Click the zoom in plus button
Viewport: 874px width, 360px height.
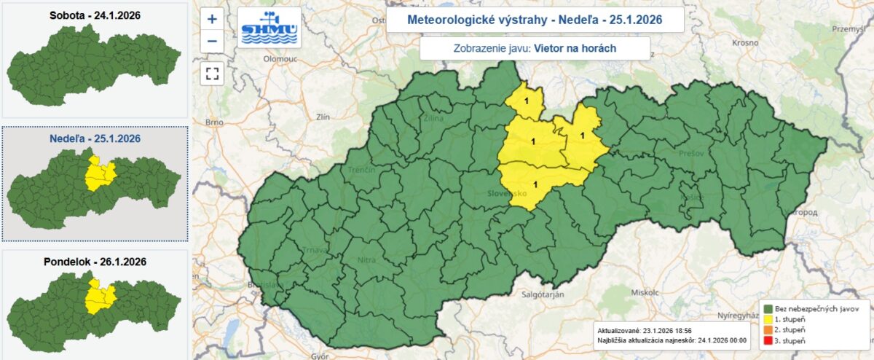click(212, 20)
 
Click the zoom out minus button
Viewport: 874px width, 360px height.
click(212, 41)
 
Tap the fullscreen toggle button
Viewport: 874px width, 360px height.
click(212, 73)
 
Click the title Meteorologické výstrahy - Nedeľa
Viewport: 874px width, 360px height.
click(535, 20)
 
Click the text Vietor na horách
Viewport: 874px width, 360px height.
click(575, 48)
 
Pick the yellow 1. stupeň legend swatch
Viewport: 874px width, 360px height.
click(768, 319)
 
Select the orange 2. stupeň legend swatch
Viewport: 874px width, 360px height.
click(768, 330)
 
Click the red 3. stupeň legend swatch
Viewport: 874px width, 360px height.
click(768, 341)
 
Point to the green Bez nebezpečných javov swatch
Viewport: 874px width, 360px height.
click(768, 308)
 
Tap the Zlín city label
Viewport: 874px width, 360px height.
click(323, 116)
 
